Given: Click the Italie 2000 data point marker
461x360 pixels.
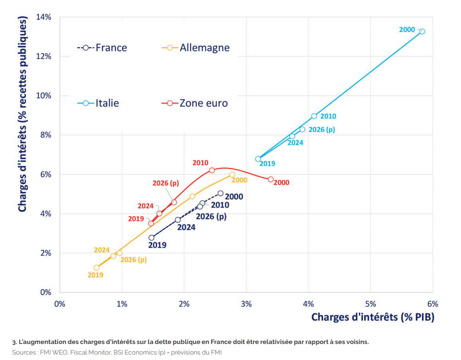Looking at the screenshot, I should [422, 31].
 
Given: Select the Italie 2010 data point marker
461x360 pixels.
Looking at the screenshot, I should [314, 116].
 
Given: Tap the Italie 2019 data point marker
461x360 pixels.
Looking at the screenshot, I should [258, 159].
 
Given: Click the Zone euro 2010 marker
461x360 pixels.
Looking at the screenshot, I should [212, 170].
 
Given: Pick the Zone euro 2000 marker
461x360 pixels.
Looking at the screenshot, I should [270, 179].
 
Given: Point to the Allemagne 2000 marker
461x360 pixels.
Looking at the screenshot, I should [232, 175].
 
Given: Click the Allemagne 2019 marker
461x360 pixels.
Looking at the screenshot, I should [96, 267].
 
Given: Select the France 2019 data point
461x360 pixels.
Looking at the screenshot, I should [151, 237].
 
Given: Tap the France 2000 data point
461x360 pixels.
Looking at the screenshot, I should [220, 193].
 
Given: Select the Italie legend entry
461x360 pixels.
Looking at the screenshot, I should [98, 103].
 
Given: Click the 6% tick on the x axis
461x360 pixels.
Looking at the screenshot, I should [433, 304].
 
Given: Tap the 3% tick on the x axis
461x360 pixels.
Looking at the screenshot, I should [246, 304].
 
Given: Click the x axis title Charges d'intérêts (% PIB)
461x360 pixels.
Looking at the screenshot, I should [373, 317].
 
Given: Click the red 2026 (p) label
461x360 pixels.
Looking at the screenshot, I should [165, 183].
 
